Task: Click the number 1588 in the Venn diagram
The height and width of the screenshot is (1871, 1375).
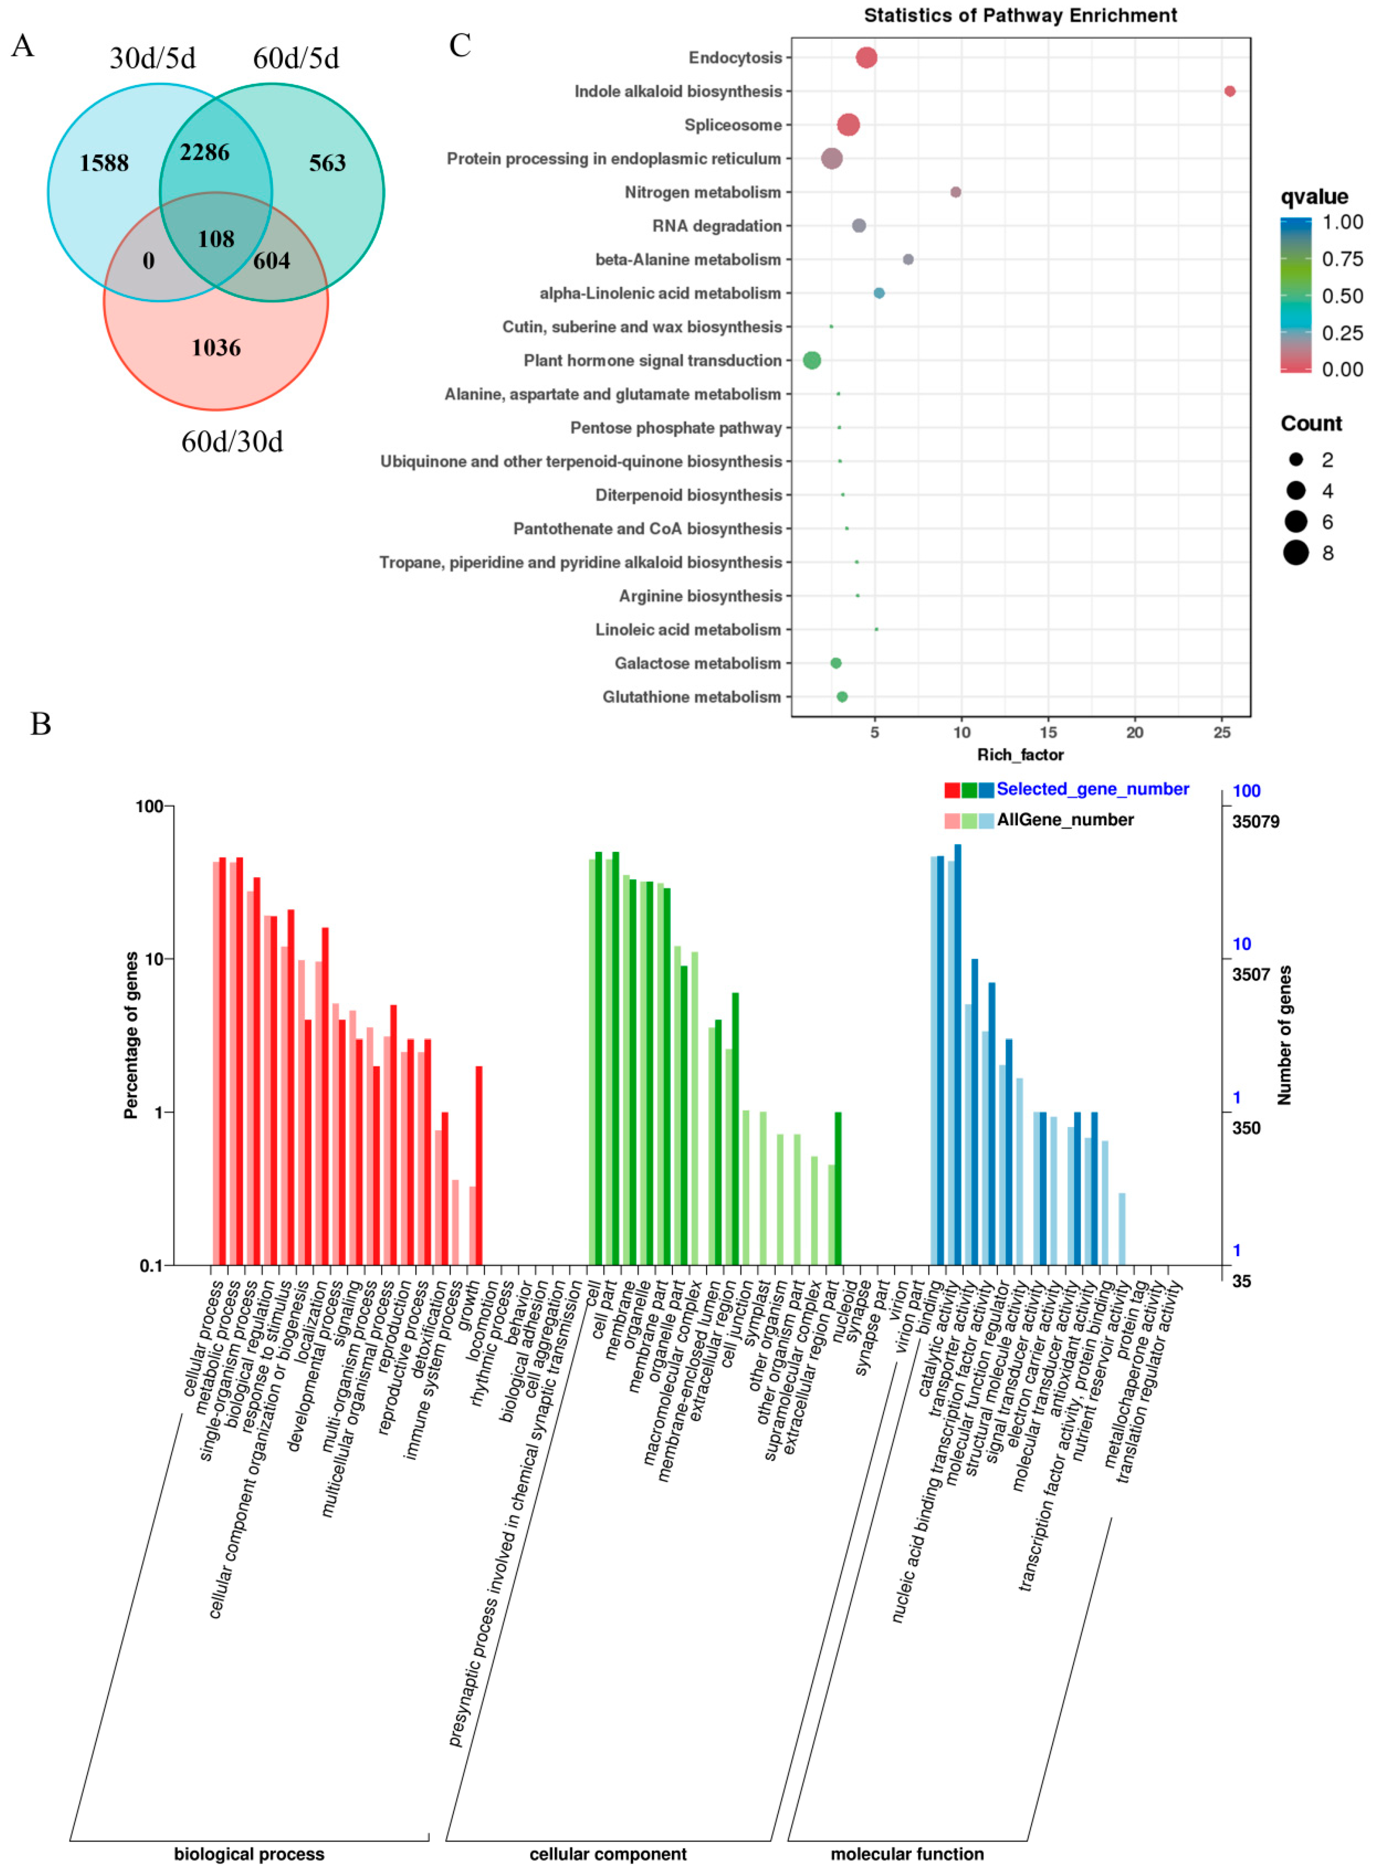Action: (x=104, y=163)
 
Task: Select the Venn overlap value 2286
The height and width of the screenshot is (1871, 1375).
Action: (x=205, y=152)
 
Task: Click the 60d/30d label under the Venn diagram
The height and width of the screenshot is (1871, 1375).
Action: (x=232, y=442)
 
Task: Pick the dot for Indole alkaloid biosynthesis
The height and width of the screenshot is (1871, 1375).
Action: (x=1229, y=92)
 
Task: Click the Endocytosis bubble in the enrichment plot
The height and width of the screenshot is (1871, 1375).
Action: (x=866, y=57)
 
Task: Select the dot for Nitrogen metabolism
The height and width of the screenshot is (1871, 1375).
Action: (x=955, y=192)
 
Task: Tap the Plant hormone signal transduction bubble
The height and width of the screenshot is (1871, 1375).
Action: (x=812, y=360)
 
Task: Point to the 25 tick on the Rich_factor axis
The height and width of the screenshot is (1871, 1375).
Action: (x=1221, y=732)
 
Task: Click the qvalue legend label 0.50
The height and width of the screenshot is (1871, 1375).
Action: (x=1342, y=296)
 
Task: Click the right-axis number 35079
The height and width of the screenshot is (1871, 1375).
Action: (x=1255, y=822)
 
